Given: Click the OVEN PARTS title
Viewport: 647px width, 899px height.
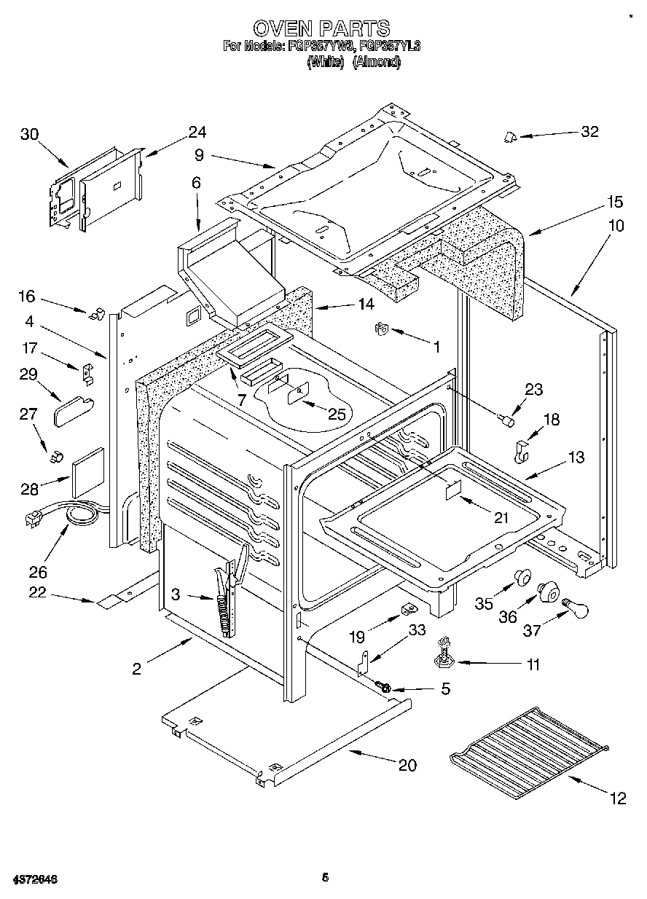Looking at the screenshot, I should (x=321, y=28).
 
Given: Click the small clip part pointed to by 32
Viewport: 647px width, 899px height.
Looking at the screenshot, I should (x=509, y=137).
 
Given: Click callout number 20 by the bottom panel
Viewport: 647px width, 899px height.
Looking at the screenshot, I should (x=407, y=765).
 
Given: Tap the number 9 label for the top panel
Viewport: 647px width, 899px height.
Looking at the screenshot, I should (x=199, y=155).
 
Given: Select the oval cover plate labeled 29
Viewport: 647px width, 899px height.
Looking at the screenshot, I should (x=73, y=408).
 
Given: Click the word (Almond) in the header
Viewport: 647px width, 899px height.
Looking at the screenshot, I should (x=376, y=63).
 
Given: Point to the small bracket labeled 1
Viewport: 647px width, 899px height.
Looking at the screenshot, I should (x=379, y=329).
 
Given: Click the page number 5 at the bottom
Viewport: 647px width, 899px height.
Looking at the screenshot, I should (x=325, y=879).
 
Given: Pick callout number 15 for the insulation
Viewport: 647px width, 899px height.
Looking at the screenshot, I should (x=616, y=202).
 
